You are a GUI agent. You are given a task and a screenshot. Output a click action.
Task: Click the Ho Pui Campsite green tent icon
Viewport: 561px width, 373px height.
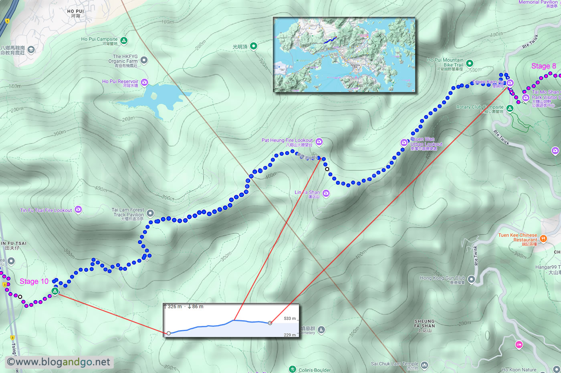pyautogui.click(x=124, y=40)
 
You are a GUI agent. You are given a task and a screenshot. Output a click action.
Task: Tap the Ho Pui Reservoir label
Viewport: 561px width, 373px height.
pyautogui.click(x=120, y=82)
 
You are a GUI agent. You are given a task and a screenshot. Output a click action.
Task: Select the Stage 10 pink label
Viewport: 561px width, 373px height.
pyautogui.click(x=34, y=281)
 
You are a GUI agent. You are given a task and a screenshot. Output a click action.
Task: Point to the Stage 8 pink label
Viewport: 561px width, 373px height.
pyautogui.click(x=543, y=66)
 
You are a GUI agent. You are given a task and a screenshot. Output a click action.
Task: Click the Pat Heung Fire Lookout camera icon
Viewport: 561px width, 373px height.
pyautogui.click(x=319, y=141)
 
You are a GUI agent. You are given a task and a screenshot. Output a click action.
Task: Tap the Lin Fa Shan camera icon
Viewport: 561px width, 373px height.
pyautogui.click(x=326, y=194)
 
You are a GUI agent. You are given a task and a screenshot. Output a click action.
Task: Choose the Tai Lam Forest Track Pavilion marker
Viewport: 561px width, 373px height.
pyautogui.click(x=150, y=213)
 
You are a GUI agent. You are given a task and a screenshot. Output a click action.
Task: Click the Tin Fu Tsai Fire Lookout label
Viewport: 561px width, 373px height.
pyautogui.click(x=46, y=210)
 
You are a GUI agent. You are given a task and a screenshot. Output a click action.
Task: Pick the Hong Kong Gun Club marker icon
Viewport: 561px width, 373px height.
pyautogui.click(x=471, y=279)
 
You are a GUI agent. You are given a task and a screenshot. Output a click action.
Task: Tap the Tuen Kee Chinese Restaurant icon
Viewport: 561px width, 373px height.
pyautogui.click(x=543, y=239)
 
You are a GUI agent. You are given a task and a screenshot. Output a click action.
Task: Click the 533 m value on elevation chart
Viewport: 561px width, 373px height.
pyautogui.click(x=289, y=319)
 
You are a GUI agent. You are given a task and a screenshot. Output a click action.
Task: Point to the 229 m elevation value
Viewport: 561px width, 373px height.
pyautogui.click(x=289, y=335)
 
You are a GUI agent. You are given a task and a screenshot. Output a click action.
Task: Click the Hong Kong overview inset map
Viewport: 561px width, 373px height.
pyautogui.click(x=344, y=55)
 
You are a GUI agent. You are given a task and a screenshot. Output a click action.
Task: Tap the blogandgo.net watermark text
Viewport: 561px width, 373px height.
pyautogui.click(x=59, y=362)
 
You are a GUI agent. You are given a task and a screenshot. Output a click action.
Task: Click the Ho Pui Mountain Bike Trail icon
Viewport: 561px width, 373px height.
pyautogui.click(x=470, y=63)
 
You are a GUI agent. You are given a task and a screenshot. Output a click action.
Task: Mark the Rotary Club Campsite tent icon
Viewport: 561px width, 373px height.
pyautogui.click(x=509, y=108)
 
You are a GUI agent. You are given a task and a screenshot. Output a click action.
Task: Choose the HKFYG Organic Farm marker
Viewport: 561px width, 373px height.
pyautogui.click(x=144, y=60)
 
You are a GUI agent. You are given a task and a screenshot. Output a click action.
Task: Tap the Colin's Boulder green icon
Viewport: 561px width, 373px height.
pyautogui.click(x=293, y=369)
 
